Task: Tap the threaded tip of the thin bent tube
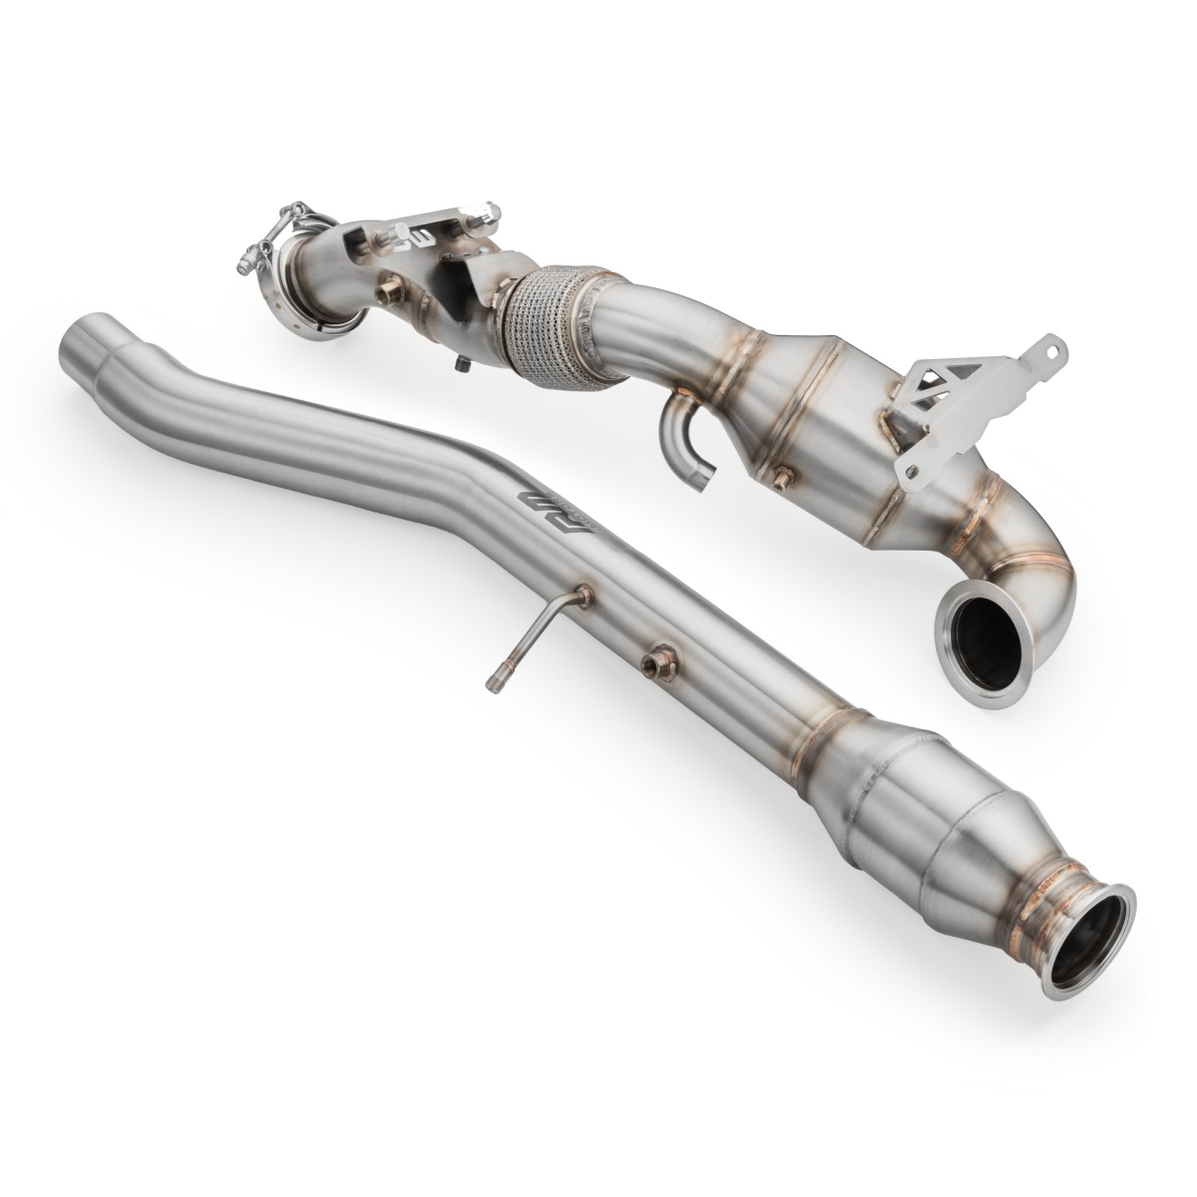point(492,681)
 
